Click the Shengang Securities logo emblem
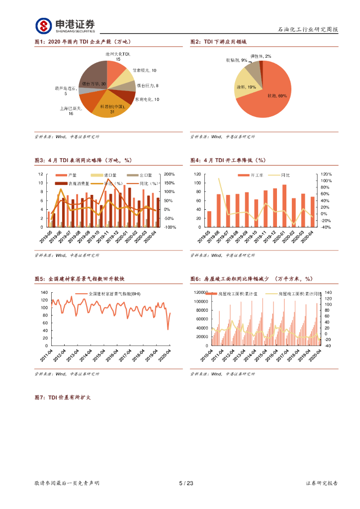(44, 26)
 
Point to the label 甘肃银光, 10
(144, 71)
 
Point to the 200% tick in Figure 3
(170, 174)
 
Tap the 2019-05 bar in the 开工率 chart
(209, 219)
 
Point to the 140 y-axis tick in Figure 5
(44, 292)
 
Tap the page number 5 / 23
(185, 483)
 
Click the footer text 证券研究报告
(322, 483)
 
